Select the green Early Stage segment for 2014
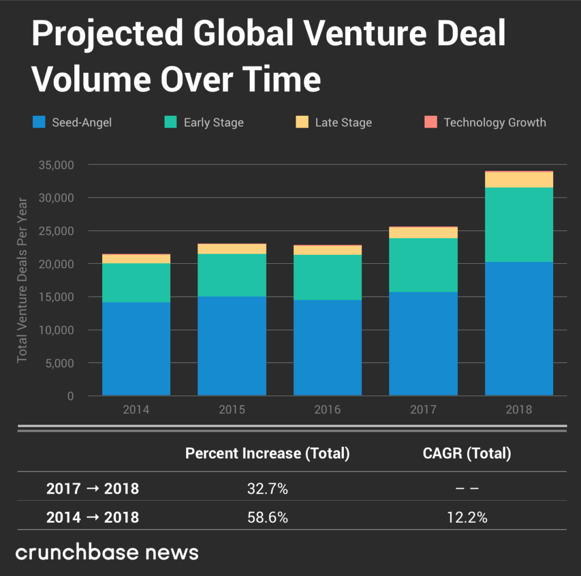tap(136, 283)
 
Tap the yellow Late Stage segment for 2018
tap(519, 180)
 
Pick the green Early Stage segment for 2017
tap(423, 265)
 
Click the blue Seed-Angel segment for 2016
tap(327, 347)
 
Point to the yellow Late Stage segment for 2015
tap(231, 249)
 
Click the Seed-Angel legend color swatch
tap(39, 122)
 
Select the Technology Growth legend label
tap(494, 123)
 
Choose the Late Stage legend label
tap(343, 123)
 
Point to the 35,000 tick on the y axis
tap(56, 165)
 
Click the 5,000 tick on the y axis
tap(59, 363)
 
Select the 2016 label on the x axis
tap(327, 409)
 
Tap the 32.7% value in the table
tap(267, 489)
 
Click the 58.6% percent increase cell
tap(267, 518)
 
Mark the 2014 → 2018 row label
tap(92, 518)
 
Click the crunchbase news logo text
tap(107, 553)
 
